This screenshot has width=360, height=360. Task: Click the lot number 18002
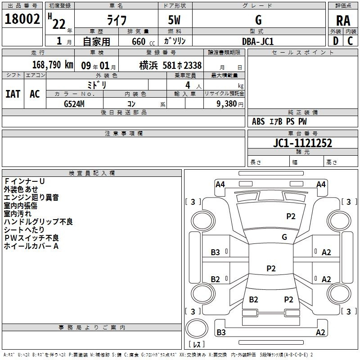click(22, 19)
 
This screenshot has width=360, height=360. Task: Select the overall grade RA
click(343, 21)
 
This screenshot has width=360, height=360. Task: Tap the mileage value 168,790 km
click(53, 65)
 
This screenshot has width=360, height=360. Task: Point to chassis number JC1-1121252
click(302, 143)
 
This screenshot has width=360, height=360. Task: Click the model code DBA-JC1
click(258, 41)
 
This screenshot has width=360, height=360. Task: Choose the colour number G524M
click(74, 104)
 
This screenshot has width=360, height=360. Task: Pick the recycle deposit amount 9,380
click(226, 104)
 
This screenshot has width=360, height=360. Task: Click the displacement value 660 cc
click(143, 42)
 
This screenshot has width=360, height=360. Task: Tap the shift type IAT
click(13, 94)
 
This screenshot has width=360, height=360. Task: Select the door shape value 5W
click(174, 20)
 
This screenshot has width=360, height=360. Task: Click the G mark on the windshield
click(284, 237)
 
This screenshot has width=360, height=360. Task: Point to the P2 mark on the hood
click(291, 216)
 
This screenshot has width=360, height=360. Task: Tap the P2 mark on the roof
click(271, 268)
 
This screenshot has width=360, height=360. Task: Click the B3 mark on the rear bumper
click(221, 332)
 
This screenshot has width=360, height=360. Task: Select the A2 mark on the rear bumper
click(320, 332)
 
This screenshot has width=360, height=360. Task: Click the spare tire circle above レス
click(197, 328)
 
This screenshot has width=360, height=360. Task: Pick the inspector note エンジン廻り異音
click(31, 197)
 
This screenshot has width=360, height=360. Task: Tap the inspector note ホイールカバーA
click(31, 246)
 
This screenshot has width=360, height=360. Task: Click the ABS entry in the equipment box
click(258, 121)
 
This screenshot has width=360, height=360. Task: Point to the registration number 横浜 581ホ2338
click(171, 65)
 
